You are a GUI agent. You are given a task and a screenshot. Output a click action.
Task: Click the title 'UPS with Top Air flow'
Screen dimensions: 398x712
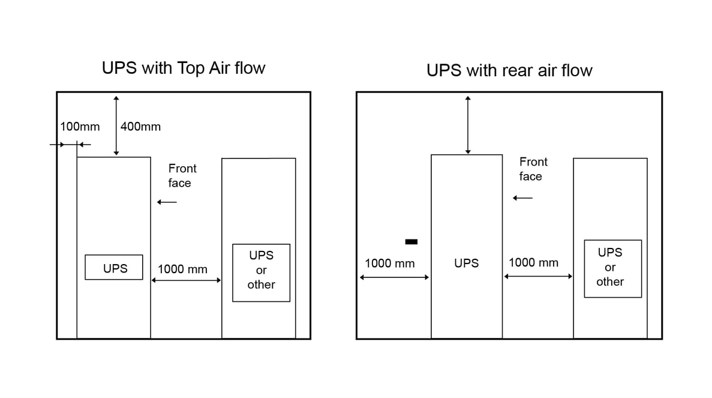coord(183,68)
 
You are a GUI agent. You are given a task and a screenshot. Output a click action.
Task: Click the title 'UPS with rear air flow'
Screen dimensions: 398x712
coord(509,70)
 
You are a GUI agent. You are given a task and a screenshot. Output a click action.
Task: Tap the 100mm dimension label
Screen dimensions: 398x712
coord(80,127)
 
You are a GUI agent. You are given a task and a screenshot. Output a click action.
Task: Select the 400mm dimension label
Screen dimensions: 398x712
coord(140,127)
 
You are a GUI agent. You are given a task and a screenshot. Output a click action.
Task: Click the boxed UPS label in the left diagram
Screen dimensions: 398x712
coord(114,268)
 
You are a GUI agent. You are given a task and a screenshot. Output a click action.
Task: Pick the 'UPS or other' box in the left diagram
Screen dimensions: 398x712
coord(261,273)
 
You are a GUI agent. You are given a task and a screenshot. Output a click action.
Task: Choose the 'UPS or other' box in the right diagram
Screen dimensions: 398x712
coord(612,268)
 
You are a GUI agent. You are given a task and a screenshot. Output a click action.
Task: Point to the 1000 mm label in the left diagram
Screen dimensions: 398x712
coord(182,270)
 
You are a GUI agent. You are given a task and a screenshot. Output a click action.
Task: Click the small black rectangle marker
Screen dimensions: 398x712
coord(411,242)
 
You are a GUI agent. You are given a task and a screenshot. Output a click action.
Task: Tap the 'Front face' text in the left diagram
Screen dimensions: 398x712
coord(181,176)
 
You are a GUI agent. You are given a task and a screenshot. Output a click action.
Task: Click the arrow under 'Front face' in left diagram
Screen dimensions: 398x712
coord(167,202)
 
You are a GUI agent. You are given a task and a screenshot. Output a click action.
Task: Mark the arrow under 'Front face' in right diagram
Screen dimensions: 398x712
coord(523,198)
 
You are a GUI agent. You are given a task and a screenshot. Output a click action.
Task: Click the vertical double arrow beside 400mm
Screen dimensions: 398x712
coord(116,126)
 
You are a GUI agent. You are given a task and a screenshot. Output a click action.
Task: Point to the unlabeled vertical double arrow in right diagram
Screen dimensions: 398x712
coord(468,125)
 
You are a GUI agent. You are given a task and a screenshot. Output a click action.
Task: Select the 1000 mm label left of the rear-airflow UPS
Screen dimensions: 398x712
coord(389,264)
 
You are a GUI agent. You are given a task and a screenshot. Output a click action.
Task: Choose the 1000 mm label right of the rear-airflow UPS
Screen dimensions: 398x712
coord(533,263)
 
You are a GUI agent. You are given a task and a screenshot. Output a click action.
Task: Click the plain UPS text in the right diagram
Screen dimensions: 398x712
coord(466,264)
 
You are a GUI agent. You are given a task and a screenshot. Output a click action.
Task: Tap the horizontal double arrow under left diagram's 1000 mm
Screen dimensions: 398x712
coord(186,280)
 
